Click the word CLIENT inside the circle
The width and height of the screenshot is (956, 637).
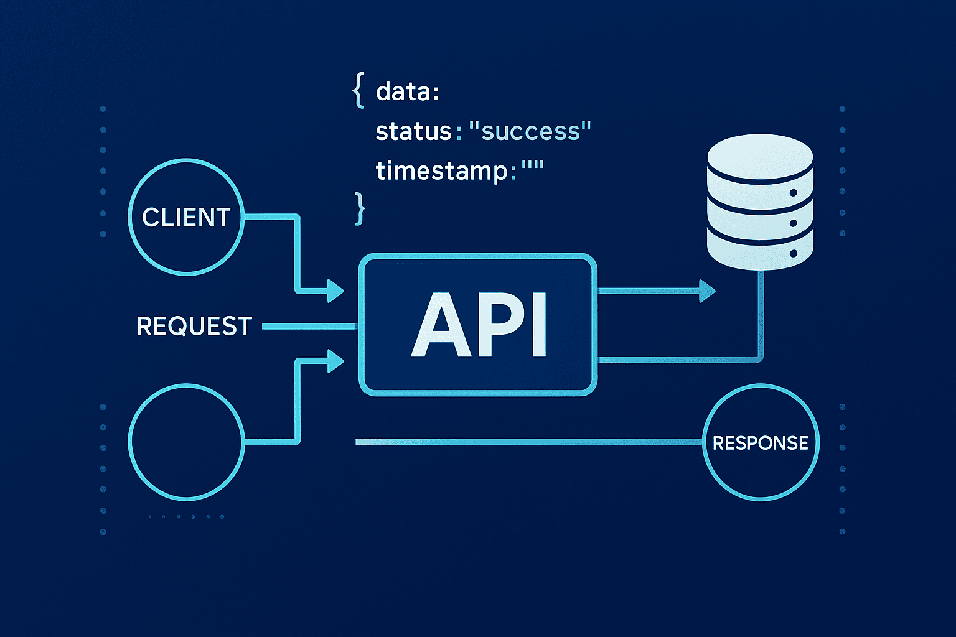(x=186, y=217)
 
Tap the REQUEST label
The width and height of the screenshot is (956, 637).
(x=194, y=326)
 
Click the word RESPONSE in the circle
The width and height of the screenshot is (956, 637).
(x=760, y=443)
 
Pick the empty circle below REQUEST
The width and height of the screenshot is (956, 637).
(x=186, y=441)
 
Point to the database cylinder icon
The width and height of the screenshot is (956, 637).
(x=760, y=202)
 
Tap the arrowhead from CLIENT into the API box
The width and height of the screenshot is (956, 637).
(x=335, y=291)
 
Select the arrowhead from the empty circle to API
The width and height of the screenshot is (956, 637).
(x=335, y=360)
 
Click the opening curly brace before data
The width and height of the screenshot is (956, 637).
(x=358, y=91)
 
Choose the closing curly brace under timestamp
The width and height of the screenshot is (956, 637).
(x=359, y=208)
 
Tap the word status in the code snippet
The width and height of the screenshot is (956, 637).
(x=413, y=131)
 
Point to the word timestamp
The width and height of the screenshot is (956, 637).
(x=442, y=170)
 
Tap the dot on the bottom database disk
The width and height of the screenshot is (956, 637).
(x=793, y=253)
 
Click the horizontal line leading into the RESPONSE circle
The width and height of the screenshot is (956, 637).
(x=529, y=442)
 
